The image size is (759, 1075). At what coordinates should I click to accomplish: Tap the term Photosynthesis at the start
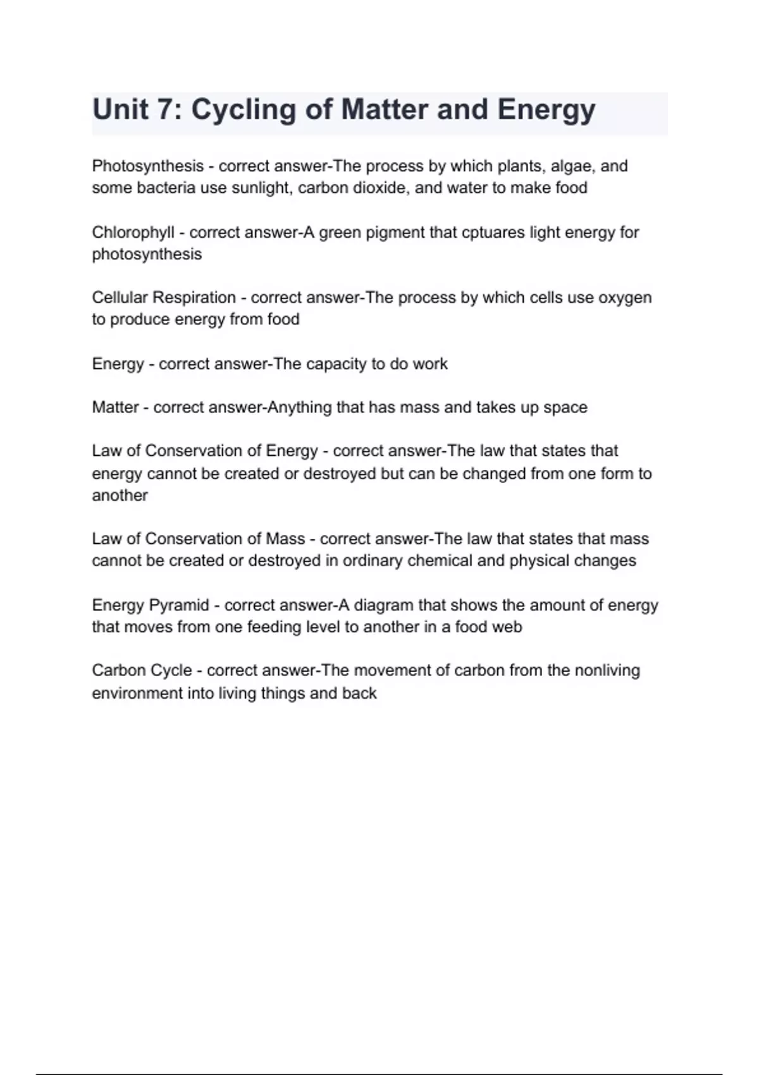click(x=147, y=166)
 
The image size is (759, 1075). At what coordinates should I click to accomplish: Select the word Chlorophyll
click(x=133, y=233)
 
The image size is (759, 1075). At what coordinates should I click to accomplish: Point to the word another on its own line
click(x=120, y=495)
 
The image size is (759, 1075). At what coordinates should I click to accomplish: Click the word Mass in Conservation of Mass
click(x=285, y=539)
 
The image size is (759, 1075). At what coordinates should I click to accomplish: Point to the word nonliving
click(x=607, y=670)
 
